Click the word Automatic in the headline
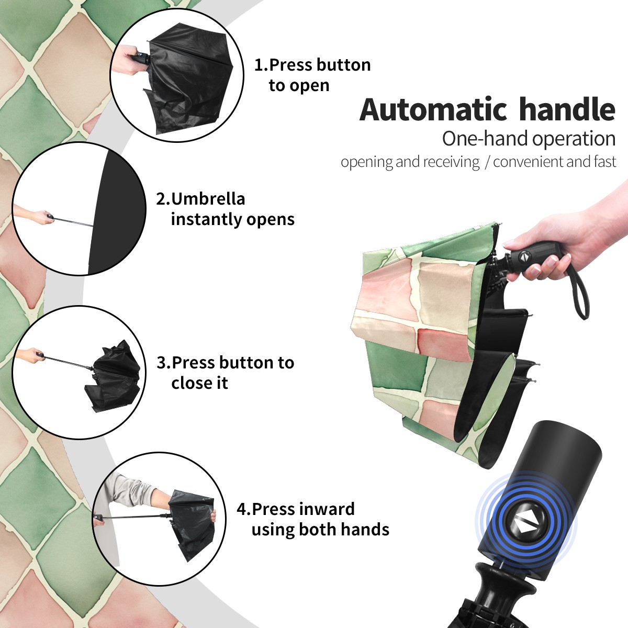tap(433, 109)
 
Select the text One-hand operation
tap(529, 139)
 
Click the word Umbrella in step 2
tap(208, 199)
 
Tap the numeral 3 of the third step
tap(162, 363)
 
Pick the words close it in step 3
tap(199, 383)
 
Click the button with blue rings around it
tap(525, 525)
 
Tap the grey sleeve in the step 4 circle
tap(130, 490)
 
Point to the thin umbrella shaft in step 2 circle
tap(73, 222)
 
